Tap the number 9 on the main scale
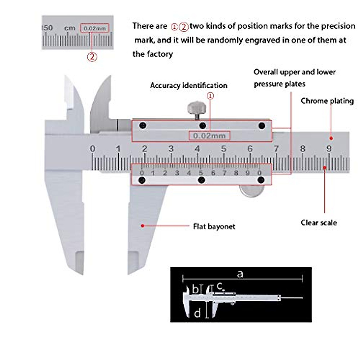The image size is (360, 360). point(329,148)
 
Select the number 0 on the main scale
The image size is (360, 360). point(93,148)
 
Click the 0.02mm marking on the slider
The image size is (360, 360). point(209,136)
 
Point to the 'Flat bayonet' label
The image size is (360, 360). point(214,226)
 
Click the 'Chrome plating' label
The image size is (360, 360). point(327,101)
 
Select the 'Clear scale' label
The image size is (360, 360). point(319,223)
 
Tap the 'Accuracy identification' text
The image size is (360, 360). point(188,85)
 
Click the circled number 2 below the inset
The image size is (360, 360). point(92,57)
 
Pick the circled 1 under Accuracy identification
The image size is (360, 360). point(210,96)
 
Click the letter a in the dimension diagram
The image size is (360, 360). point(240,274)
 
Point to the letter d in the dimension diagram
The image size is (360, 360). point(197,313)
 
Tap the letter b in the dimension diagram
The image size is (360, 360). point(195,289)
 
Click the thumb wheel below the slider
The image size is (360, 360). point(252,191)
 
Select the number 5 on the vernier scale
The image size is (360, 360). point(201,173)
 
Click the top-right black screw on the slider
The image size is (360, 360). point(262,125)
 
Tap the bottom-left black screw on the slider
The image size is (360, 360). point(142,180)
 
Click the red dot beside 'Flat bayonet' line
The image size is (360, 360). point(142,226)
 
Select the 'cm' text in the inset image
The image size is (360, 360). point(70,28)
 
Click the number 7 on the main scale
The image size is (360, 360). point(276,148)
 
